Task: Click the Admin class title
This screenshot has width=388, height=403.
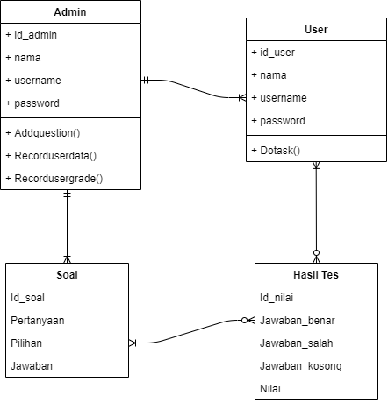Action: (x=71, y=11)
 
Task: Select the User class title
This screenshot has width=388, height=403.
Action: (x=316, y=29)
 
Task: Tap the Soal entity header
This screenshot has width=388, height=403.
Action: (x=67, y=274)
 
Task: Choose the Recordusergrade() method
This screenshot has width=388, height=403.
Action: (x=54, y=179)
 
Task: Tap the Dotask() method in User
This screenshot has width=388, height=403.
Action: (x=276, y=150)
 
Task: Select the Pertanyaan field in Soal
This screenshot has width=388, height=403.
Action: (x=38, y=321)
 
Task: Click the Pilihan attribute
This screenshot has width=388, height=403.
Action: (x=26, y=343)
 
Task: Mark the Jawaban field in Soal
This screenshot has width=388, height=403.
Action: (x=31, y=366)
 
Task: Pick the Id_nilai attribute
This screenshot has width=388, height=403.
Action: (x=277, y=298)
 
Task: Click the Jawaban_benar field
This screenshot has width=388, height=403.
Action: (x=298, y=321)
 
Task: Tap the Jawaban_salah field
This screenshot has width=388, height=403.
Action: (x=297, y=343)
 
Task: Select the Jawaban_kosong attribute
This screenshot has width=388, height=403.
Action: (x=301, y=366)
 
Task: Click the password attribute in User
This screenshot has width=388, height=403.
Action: (x=278, y=121)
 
